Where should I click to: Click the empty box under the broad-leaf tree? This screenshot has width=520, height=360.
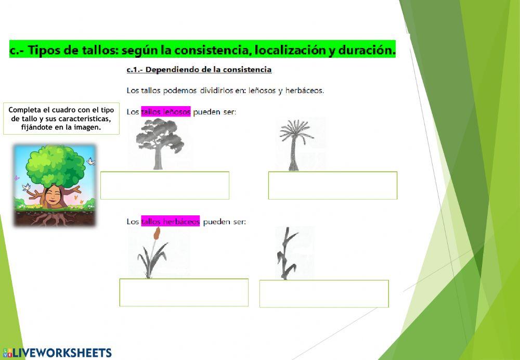click(165, 185)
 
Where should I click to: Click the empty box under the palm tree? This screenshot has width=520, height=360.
click(333, 185)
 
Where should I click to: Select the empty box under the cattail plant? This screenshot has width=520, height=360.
click(184, 292)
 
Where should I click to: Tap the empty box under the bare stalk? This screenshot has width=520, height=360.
click(324, 293)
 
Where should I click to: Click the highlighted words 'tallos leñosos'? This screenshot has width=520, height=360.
click(166, 111)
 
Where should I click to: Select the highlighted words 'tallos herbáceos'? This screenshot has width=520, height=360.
click(171, 222)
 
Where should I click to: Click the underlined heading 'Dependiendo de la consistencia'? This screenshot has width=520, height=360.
click(208, 70)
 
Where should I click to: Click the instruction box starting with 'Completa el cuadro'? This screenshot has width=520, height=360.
click(61, 119)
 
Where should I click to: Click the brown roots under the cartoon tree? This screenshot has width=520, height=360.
click(52, 218)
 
